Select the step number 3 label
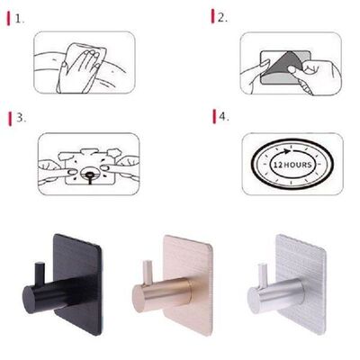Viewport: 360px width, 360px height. click(20, 118)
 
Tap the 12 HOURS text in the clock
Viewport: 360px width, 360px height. click(293, 166)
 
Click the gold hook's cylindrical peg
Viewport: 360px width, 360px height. click(166, 294)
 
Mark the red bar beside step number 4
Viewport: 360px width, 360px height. click(213, 116)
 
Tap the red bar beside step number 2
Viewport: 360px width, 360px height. click(213, 17)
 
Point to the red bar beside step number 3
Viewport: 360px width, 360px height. click(9, 118)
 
